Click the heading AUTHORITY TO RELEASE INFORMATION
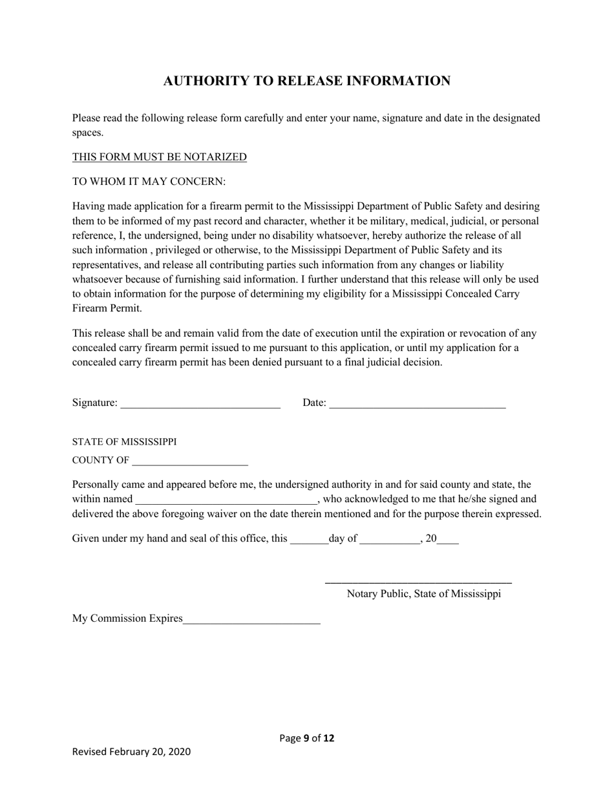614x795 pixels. (x=306, y=81)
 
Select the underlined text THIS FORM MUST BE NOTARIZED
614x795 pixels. (x=159, y=157)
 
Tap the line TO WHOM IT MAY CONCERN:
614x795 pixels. (x=149, y=182)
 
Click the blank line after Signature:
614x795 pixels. (x=200, y=404)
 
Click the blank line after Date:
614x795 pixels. (x=417, y=404)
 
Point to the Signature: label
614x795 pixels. (x=94, y=403)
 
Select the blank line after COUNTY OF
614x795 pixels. (x=189, y=461)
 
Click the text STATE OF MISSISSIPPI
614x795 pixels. (x=124, y=442)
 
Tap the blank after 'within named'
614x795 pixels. (x=226, y=500)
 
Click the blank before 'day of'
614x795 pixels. (x=309, y=539)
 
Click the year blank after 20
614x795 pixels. (x=448, y=539)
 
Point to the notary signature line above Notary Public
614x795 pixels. (x=418, y=582)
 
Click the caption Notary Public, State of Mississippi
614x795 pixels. (x=423, y=594)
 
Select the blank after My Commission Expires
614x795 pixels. (x=251, y=619)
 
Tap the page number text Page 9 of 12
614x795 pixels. (x=306, y=738)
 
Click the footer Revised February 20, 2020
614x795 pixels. (x=131, y=752)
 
